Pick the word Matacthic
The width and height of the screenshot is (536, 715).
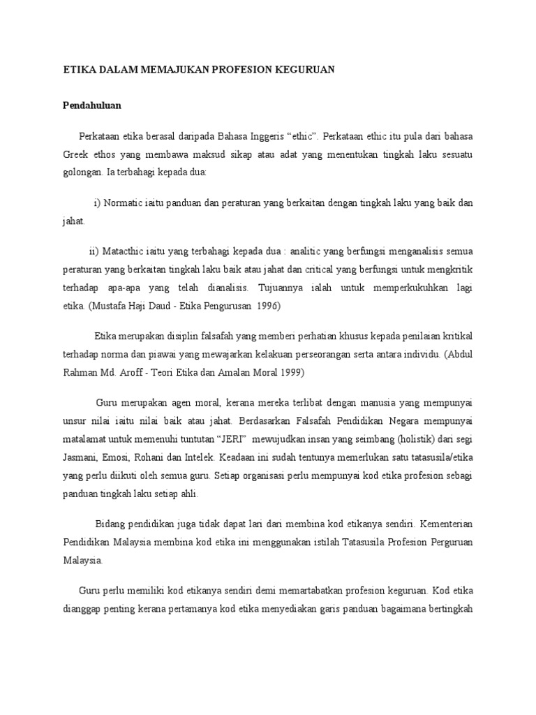[126, 251]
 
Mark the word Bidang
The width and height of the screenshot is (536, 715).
[110, 523]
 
